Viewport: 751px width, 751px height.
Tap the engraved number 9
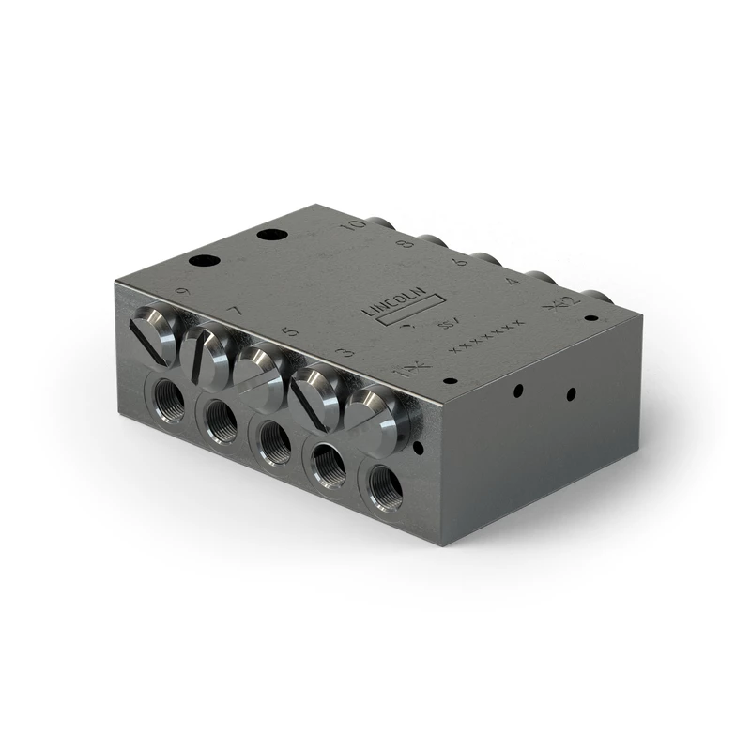point(182,292)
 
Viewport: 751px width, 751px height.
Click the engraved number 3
point(347,353)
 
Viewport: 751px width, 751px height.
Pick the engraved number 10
point(354,225)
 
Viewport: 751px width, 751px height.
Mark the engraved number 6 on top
point(460,263)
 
